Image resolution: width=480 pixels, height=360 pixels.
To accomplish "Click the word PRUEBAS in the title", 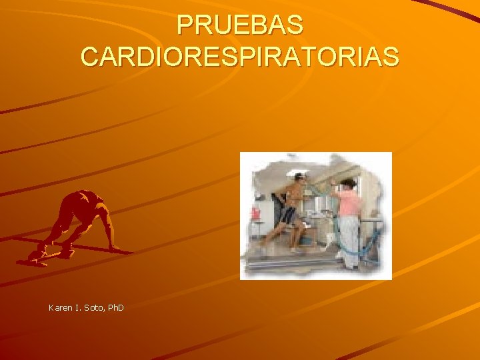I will point(240,26).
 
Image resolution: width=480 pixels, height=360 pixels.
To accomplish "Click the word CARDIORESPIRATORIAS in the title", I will point(240,56).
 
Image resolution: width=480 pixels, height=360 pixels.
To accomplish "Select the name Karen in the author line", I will point(61,307).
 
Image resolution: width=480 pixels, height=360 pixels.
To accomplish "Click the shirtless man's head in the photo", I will point(299,179).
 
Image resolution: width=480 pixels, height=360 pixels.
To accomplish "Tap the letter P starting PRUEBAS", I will point(185,26).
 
